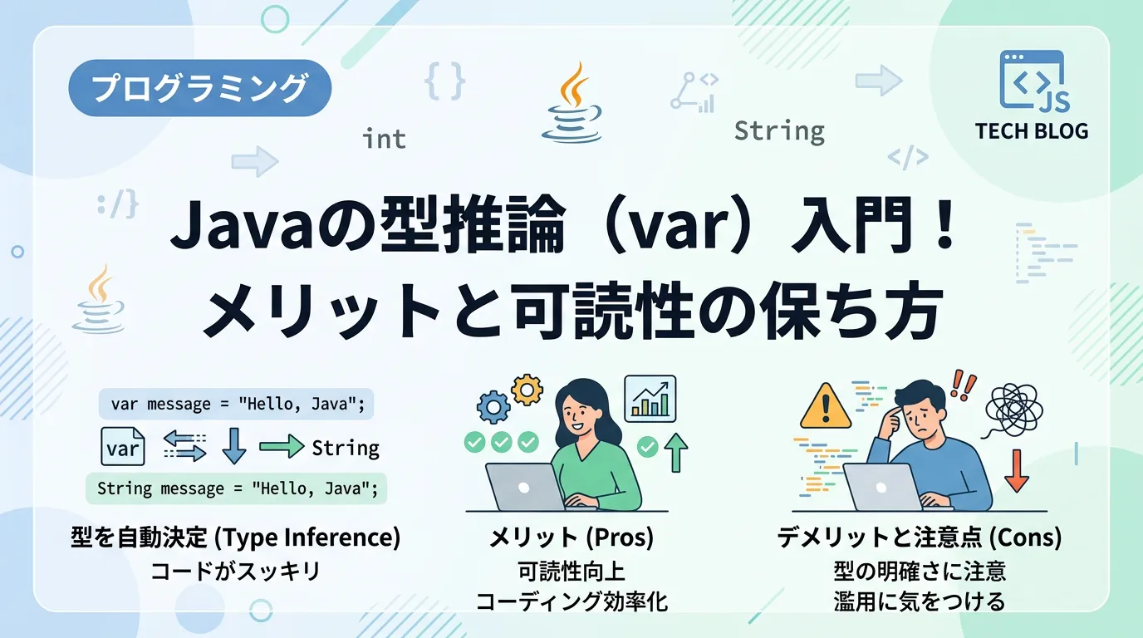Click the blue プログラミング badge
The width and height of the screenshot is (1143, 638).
tap(199, 88)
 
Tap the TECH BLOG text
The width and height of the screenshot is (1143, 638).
tap(1031, 131)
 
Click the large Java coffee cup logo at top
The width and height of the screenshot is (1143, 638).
tap(571, 102)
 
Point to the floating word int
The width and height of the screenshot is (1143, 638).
tap(385, 139)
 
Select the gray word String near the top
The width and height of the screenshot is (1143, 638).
tap(779, 132)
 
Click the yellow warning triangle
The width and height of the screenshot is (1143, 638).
tap(826, 406)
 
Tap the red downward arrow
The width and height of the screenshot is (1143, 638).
tap(1017, 470)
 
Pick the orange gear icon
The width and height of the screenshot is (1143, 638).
tap(527, 390)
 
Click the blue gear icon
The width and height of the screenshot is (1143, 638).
tap(493, 407)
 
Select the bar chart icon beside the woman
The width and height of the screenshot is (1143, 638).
tap(650, 399)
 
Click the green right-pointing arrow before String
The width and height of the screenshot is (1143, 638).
tap(282, 446)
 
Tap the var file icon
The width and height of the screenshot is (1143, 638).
tap(122, 446)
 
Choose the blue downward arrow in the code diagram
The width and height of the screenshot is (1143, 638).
tap(234, 445)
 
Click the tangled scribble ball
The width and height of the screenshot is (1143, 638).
tap(1013, 411)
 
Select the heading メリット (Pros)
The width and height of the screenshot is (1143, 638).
tap(571, 537)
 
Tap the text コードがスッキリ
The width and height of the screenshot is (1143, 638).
tap(235, 572)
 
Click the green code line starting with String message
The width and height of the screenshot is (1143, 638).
tap(236, 488)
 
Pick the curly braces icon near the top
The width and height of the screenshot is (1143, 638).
tap(445, 81)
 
